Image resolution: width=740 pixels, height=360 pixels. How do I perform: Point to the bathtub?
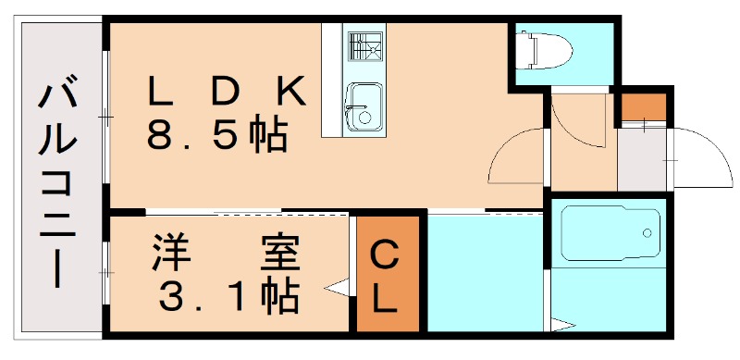coord(610,232)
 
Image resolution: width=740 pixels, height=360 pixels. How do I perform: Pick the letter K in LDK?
coord(289,92)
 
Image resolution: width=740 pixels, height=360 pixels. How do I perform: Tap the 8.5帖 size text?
coord(216,136)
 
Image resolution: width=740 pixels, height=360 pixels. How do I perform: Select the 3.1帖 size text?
coord(228,296)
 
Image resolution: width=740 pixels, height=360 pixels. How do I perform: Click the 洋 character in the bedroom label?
coord(166,252)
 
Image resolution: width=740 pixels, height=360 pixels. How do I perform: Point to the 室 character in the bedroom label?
coord(277,252)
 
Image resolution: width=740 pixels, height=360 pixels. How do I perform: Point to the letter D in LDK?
coord(226,92)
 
